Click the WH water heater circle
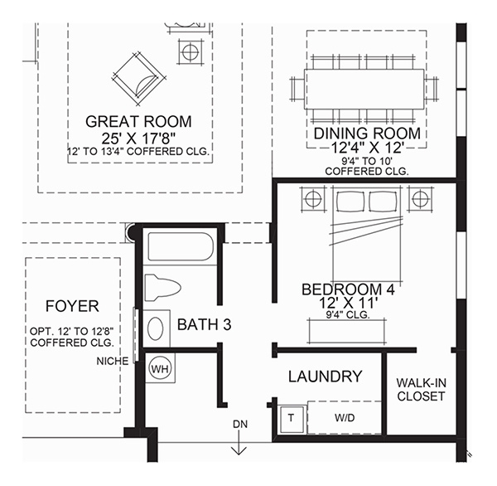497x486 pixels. (x=160, y=369)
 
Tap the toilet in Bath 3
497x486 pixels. (x=162, y=288)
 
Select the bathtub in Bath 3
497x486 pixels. (x=181, y=246)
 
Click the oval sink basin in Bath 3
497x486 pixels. (x=156, y=328)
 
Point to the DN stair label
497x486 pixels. (x=240, y=424)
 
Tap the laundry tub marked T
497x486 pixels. (x=291, y=419)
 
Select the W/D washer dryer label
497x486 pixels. (x=345, y=418)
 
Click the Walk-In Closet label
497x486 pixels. (x=422, y=390)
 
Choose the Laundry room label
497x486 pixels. (x=326, y=377)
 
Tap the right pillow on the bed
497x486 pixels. (x=383, y=202)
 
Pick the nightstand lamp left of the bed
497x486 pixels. (x=313, y=199)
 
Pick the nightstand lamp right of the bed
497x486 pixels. (x=420, y=199)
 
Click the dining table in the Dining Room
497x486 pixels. (x=364, y=90)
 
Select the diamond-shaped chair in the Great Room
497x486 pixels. (x=138, y=80)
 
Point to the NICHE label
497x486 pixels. (x=113, y=361)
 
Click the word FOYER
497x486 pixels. (x=72, y=306)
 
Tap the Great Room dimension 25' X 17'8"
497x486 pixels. (x=138, y=138)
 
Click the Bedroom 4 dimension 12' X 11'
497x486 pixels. (x=349, y=303)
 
